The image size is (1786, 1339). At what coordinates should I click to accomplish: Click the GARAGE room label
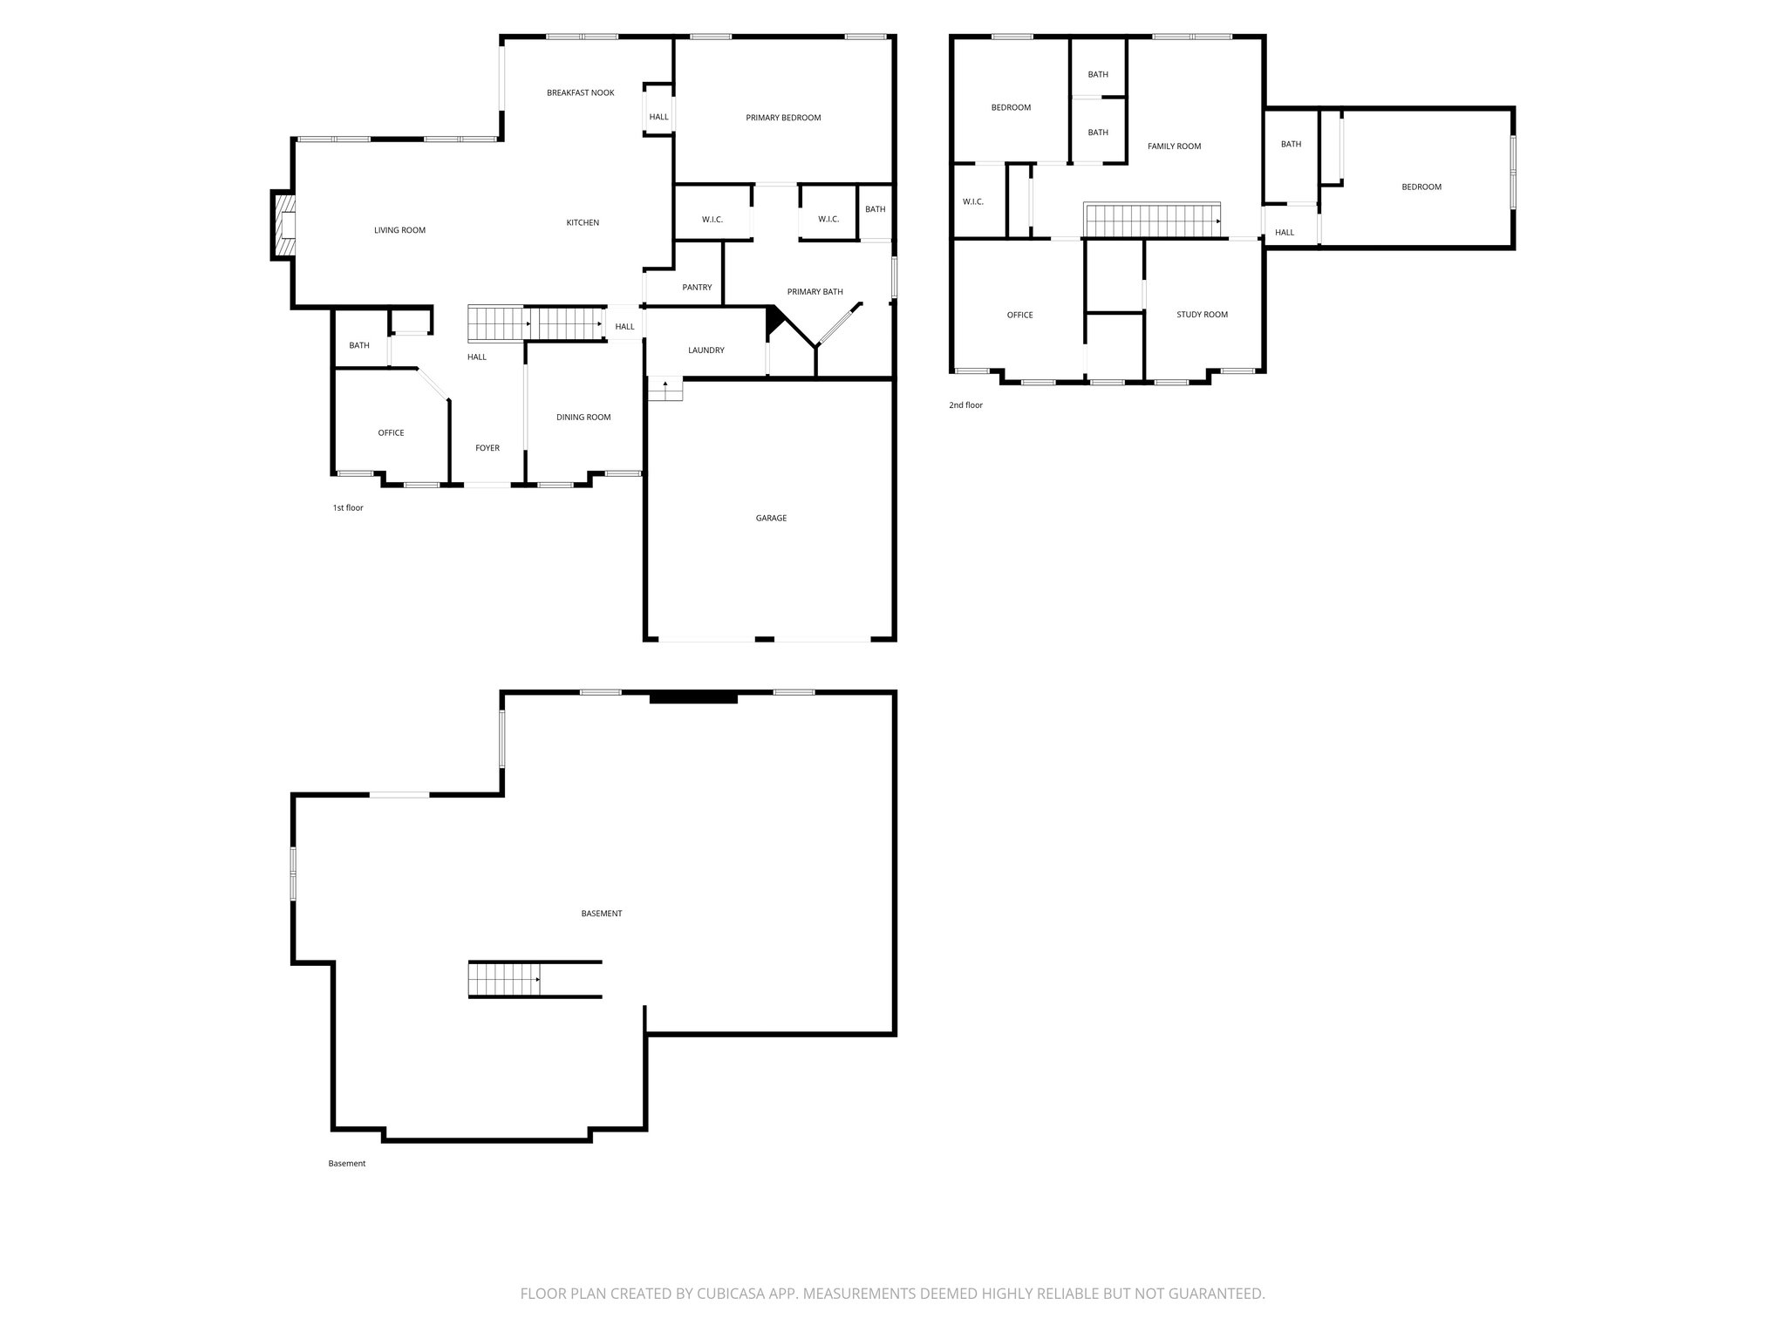click(x=771, y=518)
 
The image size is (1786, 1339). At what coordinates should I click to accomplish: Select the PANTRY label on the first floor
click(x=697, y=288)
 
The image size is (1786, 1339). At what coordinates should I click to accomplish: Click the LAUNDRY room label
click(x=706, y=350)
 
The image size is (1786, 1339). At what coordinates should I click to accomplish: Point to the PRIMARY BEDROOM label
click(x=783, y=118)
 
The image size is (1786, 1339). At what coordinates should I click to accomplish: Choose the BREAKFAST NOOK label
click(x=580, y=92)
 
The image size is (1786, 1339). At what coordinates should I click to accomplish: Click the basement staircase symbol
click(x=504, y=979)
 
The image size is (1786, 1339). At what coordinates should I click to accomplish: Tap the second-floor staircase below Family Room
click(x=1151, y=220)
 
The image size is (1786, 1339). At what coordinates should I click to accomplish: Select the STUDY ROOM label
click(x=1202, y=315)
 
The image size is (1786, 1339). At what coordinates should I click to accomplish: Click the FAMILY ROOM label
click(x=1174, y=146)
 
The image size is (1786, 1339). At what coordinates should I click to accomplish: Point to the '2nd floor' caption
click(x=965, y=405)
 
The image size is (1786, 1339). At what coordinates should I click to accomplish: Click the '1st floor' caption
click(x=347, y=507)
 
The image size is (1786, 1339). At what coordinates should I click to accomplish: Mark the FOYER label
click(x=487, y=448)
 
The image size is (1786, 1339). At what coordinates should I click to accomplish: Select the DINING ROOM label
click(x=583, y=418)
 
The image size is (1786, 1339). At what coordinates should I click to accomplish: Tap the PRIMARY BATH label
click(x=815, y=292)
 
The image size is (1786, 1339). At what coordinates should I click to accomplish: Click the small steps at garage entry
click(x=665, y=389)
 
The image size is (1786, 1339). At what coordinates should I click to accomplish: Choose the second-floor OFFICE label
click(x=1019, y=315)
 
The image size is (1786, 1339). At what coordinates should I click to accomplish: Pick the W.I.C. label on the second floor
click(x=972, y=202)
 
